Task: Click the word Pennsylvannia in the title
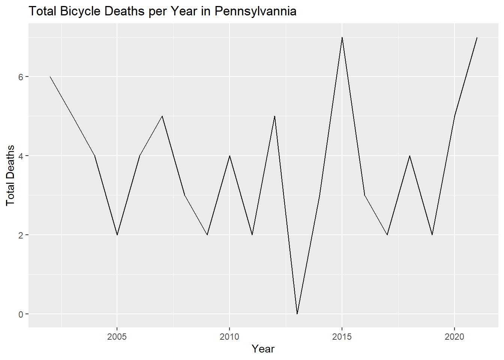255,11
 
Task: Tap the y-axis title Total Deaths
10,175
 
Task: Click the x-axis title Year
263,349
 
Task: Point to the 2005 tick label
117,337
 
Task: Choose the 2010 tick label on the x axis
229,337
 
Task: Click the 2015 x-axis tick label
342,337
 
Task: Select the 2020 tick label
454,337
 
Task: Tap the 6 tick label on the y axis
21,77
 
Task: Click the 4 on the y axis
21,156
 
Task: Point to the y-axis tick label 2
21,235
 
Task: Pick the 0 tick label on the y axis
21,314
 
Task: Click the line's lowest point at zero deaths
297,313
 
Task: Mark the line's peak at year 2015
342,37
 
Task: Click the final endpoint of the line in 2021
477,37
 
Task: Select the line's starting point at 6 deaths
50,77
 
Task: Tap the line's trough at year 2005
117,235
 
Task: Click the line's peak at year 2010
229,156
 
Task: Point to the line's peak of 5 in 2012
274,116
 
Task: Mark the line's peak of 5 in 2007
162,116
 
